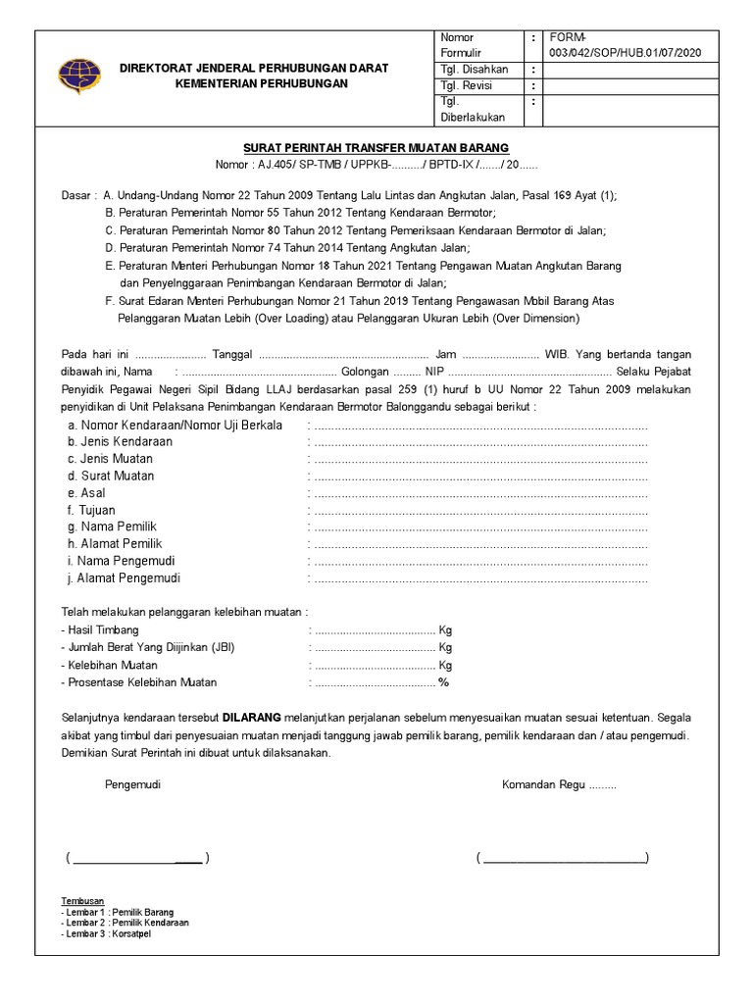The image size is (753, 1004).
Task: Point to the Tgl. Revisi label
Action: [x=466, y=86]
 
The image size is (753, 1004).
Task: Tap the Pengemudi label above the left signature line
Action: [x=132, y=785]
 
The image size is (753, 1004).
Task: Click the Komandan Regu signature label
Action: [x=560, y=785]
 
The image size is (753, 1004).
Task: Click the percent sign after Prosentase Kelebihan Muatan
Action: [x=443, y=682]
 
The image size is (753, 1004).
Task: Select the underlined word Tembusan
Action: [x=82, y=901]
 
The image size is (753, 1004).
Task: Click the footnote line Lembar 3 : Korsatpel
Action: [x=106, y=933]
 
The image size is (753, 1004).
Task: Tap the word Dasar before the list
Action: [x=75, y=195]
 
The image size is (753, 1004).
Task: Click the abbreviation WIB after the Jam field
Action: [x=557, y=354]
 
